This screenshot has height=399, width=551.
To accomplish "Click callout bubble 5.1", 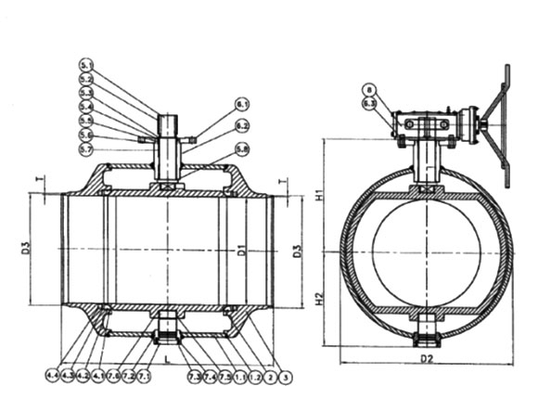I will (x=86, y=65).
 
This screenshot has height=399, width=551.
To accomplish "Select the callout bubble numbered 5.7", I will (x=86, y=149).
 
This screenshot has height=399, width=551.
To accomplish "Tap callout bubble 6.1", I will (x=241, y=103).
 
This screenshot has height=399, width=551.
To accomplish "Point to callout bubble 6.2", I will (x=241, y=125).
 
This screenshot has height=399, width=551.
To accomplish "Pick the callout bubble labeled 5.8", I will (x=241, y=148).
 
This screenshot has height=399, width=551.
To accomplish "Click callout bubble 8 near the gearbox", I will (x=369, y=89).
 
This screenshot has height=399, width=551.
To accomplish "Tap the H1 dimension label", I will (x=318, y=197).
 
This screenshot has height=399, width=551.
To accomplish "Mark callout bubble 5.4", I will (x=86, y=108).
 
